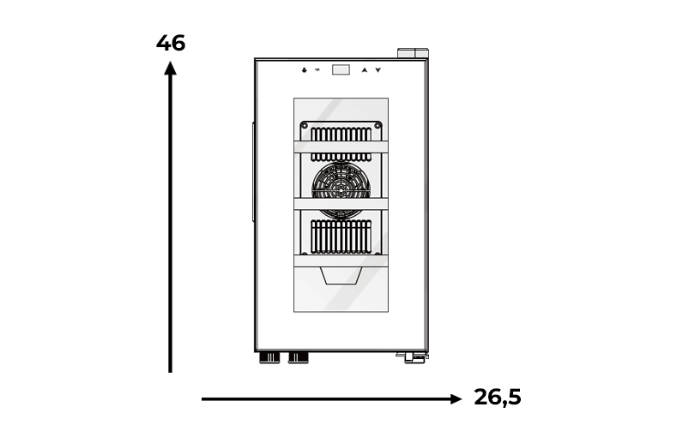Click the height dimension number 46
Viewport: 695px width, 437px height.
[x=171, y=44]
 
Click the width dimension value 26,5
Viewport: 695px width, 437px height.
[x=498, y=397]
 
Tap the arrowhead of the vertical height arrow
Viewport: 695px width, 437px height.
[x=170, y=69]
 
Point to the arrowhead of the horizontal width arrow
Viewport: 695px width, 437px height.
[x=456, y=399]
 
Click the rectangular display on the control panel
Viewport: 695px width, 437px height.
[x=341, y=69]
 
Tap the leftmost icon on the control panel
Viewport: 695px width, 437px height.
[x=304, y=70]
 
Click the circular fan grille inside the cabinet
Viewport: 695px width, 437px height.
[x=341, y=190]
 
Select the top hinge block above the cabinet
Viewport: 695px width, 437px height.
[x=413, y=53]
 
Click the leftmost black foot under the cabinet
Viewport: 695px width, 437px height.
[x=269, y=358]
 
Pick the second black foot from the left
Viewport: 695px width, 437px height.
[x=299, y=358]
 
